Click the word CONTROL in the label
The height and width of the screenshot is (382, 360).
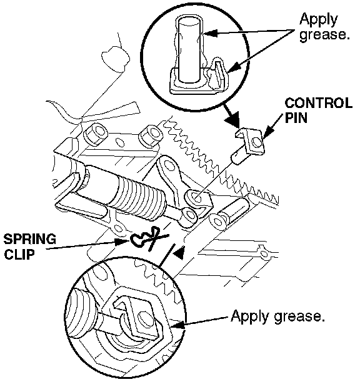click(318, 103)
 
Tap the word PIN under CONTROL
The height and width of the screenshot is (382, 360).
click(296, 118)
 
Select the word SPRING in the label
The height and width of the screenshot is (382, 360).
click(30, 239)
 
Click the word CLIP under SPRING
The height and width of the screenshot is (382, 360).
click(19, 254)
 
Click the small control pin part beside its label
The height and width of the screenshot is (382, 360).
click(249, 145)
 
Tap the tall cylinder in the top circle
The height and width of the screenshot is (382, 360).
click(189, 51)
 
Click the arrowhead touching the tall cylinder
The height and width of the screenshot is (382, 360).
click(210, 33)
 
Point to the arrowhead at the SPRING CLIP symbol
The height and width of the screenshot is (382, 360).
click(122, 242)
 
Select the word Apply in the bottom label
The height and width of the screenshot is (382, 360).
click(251, 316)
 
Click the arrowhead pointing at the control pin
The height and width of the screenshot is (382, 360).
click(266, 135)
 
